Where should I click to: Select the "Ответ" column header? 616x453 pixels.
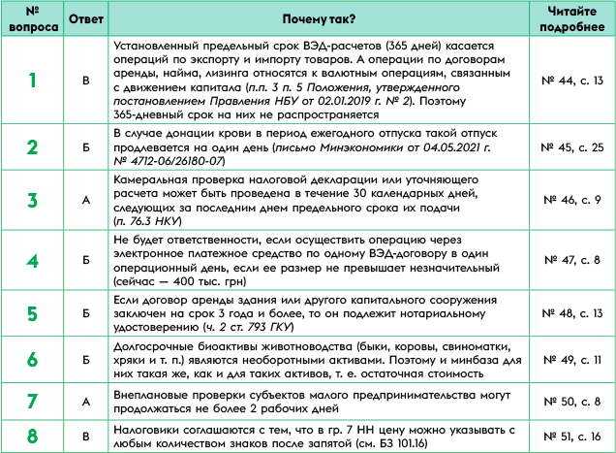[x=85, y=19]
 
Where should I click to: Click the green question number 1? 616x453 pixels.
[x=33, y=81]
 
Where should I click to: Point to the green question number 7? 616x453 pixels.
[x=33, y=401]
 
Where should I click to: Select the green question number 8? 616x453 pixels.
[x=33, y=435]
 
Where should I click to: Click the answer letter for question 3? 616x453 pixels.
[x=85, y=201]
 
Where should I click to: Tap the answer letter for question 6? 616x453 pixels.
[x=85, y=359]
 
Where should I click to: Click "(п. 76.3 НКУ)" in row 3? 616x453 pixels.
[x=156, y=221]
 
